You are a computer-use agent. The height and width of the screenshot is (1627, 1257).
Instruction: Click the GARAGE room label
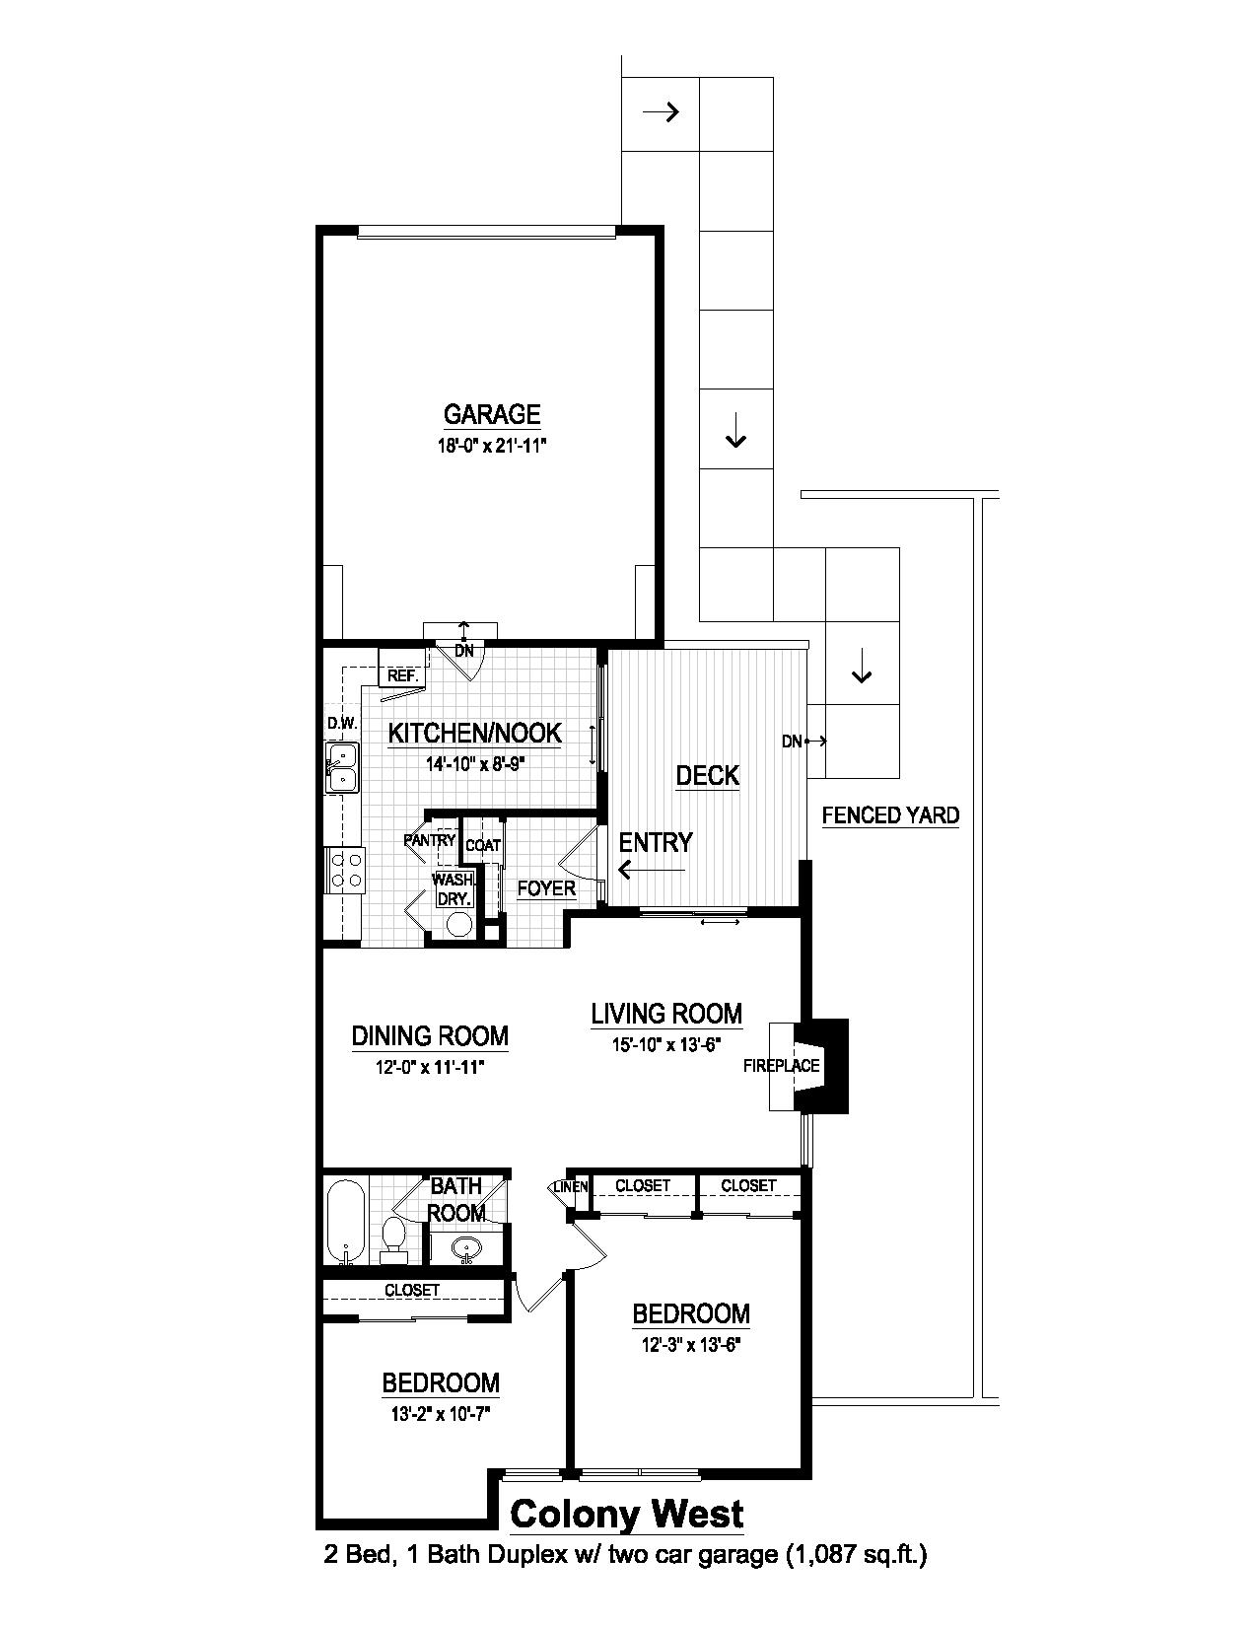click(x=491, y=413)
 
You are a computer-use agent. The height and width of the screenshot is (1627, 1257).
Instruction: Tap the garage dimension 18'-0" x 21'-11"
click(x=491, y=445)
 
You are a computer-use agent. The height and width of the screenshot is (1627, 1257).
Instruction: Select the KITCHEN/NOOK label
click(x=474, y=733)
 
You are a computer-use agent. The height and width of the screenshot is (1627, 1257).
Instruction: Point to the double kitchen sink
click(x=342, y=768)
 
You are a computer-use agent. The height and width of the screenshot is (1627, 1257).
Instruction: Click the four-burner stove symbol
click(x=345, y=870)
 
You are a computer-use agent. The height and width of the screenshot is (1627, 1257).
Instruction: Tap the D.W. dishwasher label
click(x=341, y=724)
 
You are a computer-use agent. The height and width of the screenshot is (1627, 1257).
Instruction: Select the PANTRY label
click(x=430, y=840)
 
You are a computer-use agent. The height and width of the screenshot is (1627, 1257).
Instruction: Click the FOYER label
click(x=546, y=888)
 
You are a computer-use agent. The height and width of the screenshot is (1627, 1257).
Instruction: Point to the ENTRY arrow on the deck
click(x=651, y=870)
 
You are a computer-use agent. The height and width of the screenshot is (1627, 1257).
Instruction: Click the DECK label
click(x=707, y=775)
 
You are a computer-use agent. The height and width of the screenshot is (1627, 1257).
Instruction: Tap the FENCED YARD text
click(x=890, y=814)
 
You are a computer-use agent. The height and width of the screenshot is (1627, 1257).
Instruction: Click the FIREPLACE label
click(x=782, y=1065)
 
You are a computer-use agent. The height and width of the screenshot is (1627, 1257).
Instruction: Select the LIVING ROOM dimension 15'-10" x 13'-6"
click(x=666, y=1045)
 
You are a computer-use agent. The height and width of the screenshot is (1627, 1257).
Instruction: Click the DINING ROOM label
click(x=430, y=1035)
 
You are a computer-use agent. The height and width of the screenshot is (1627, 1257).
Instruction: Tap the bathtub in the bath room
click(x=346, y=1220)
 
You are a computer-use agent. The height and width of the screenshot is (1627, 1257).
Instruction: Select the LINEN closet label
click(x=572, y=1186)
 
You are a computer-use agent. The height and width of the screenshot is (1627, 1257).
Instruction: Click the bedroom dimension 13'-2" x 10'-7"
click(x=441, y=1414)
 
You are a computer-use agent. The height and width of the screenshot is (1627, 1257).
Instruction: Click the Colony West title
click(x=626, y=1513)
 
